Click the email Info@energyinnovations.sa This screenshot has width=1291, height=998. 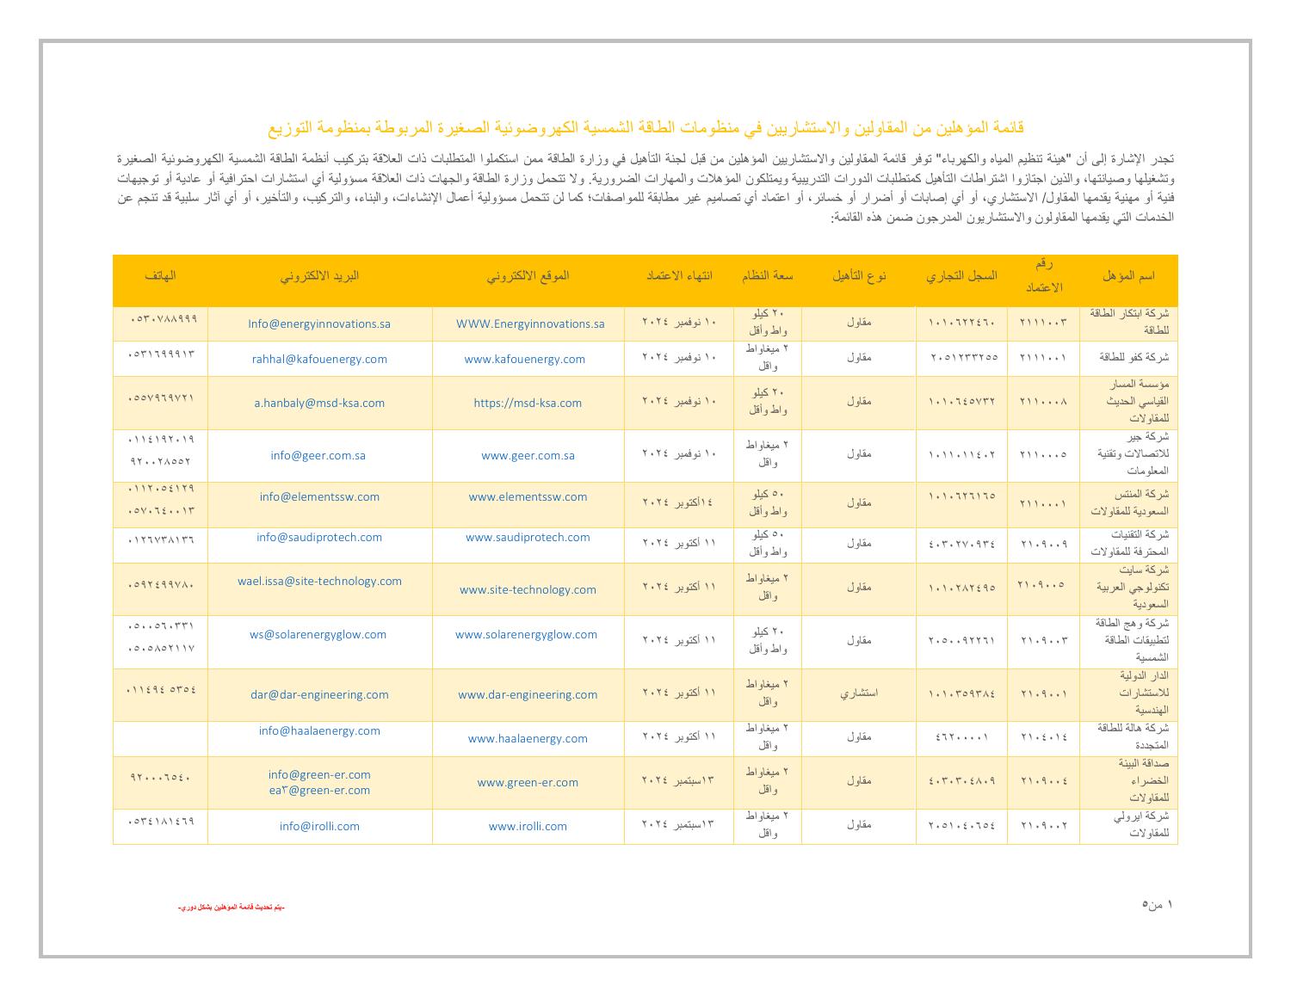click(319, 324)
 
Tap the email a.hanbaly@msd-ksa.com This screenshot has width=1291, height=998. click(319, 403)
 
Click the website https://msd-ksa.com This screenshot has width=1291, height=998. click(528, 403)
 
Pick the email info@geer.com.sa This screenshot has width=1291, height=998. click(318, 456)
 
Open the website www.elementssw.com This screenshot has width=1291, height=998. click(528, 497)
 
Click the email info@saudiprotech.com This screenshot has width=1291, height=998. click(319, 538)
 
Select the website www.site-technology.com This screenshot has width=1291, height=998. click(528, 590)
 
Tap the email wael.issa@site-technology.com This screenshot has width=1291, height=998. click(319, 582)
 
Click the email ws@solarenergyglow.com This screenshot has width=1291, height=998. click(318, 635)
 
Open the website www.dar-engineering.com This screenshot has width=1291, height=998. click(528, 695)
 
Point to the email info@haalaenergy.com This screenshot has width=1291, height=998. click(319, 731)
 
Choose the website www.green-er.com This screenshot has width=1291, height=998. click(528, 783)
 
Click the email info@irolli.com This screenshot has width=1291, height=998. click(319, 827)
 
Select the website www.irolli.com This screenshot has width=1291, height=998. click(528, 827)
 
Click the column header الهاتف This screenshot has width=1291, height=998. click(160, 276)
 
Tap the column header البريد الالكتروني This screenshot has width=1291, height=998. click(319, 276)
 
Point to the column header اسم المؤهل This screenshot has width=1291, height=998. click(1127, 276)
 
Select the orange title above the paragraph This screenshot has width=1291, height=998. click(645, 128)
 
